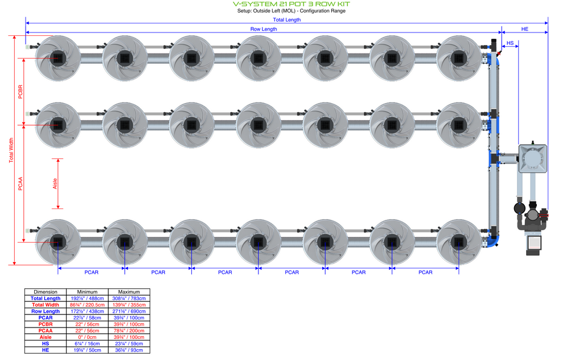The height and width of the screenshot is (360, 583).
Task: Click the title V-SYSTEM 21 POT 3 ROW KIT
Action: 291,4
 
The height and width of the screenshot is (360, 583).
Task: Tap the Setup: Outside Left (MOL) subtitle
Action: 291,11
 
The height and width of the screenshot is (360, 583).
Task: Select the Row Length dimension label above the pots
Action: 264,29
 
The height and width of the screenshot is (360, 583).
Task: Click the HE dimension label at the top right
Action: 524,29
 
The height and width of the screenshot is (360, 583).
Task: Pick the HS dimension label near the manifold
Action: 510,43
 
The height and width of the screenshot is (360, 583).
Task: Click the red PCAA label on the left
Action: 20,183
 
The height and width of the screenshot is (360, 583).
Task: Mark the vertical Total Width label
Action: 11,150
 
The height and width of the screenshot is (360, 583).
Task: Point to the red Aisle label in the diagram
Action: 55,183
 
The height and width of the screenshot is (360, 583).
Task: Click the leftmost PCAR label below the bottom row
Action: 91,272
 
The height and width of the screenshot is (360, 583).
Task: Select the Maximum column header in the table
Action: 129,292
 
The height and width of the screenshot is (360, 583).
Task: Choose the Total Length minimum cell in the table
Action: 87,298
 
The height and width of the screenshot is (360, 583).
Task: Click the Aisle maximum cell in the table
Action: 129,337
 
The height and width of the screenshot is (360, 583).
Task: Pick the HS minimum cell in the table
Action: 87,343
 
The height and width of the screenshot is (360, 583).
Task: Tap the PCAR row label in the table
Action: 46,318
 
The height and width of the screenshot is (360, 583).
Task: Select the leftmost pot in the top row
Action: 58,58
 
